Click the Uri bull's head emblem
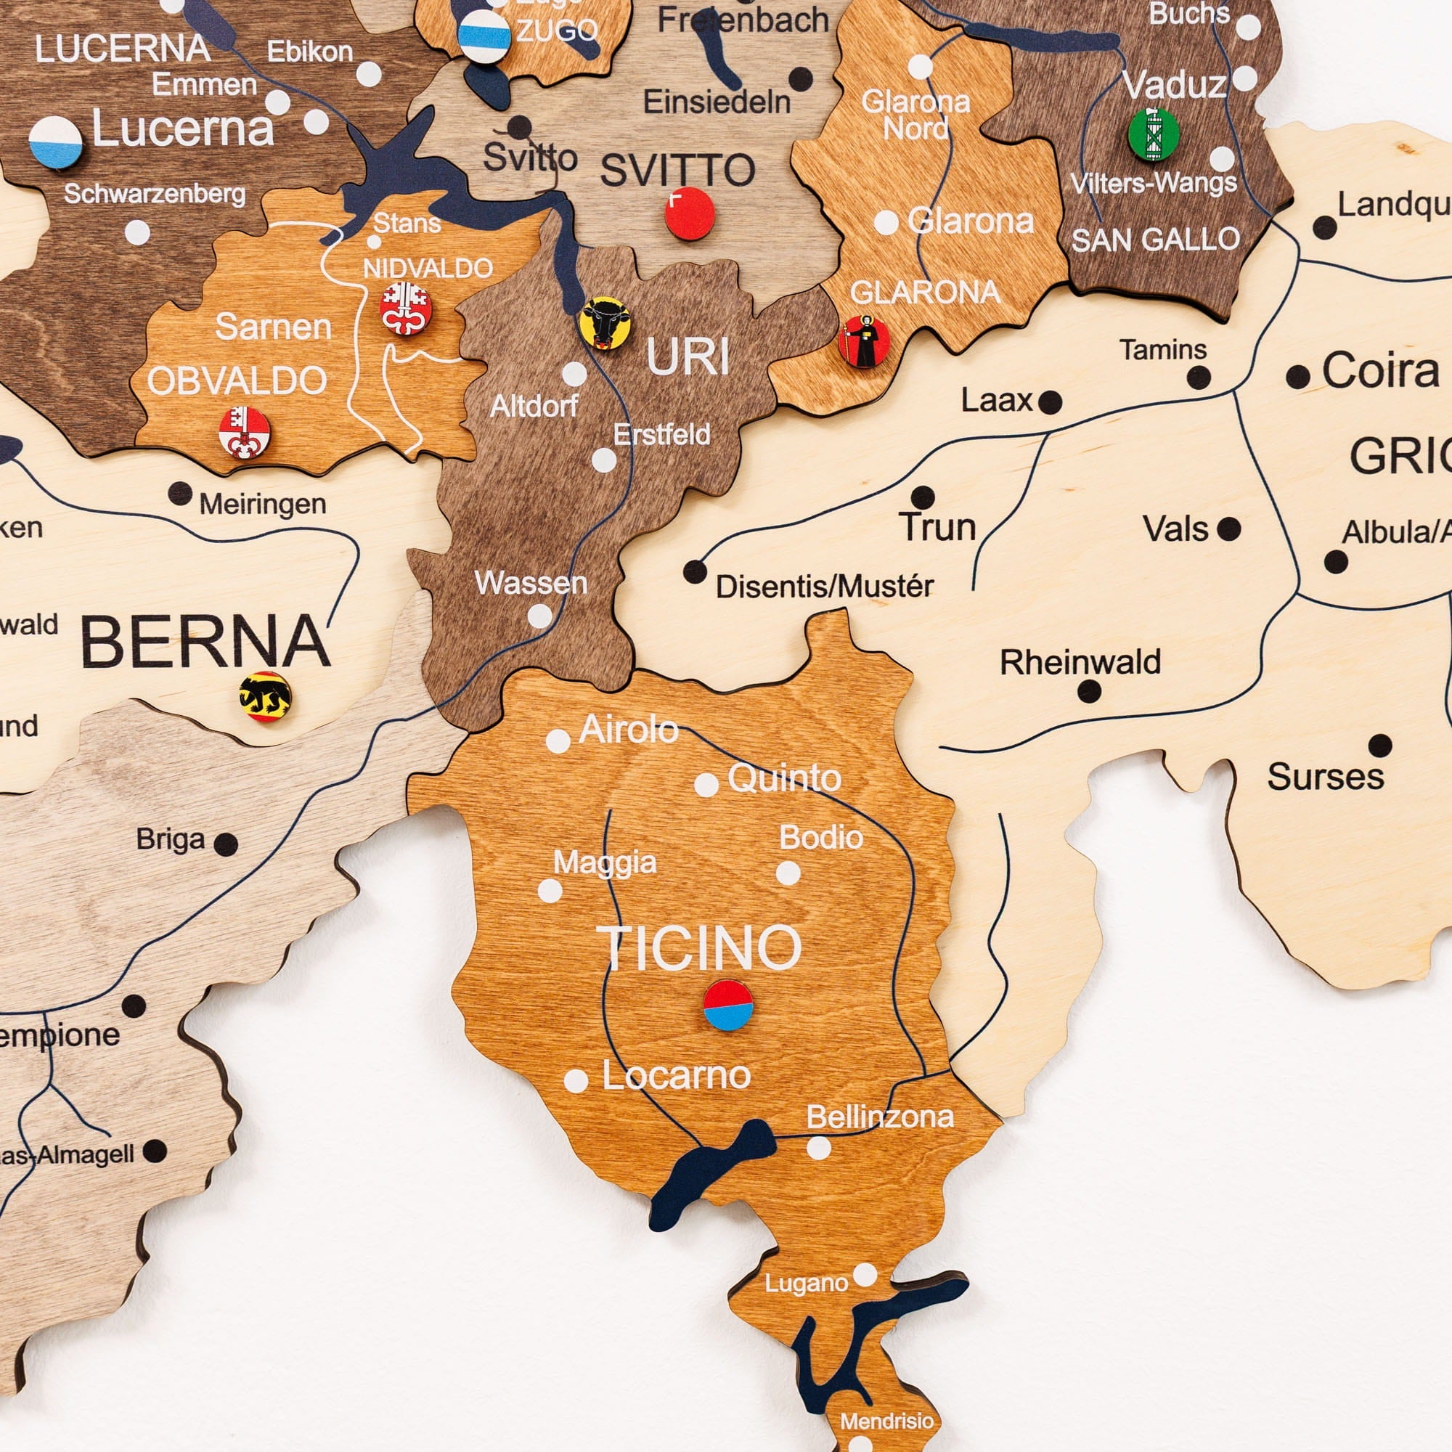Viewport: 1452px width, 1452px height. [604, 322]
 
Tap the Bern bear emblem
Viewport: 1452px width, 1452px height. [265, 697]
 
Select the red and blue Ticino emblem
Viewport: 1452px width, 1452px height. [728, 1005]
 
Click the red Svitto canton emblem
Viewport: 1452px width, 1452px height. [689, 213]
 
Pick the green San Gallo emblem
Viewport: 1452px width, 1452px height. [1154, 134]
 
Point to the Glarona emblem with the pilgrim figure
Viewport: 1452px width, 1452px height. [863, 341]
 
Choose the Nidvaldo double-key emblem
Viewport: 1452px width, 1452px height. [405, 308]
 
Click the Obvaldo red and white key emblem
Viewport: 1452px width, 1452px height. [244, 433]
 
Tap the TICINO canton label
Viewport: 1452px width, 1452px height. [699, 948]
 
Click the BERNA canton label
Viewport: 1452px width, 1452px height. [205, 641]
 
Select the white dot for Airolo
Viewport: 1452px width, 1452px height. [558, 741]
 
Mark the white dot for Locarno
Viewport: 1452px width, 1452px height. [576, 1081]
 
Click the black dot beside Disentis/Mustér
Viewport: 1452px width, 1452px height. [696, 572]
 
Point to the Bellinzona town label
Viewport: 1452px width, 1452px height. [879, 1117]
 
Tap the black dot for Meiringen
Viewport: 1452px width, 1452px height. [179, 494]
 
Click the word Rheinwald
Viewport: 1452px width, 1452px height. [1080, 662]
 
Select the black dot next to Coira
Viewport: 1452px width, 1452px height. [1298, 377]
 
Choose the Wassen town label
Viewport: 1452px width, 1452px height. [531, 582]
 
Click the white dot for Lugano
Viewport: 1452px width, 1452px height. [865, 1275]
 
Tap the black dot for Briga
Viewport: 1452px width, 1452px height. [226, 844]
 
